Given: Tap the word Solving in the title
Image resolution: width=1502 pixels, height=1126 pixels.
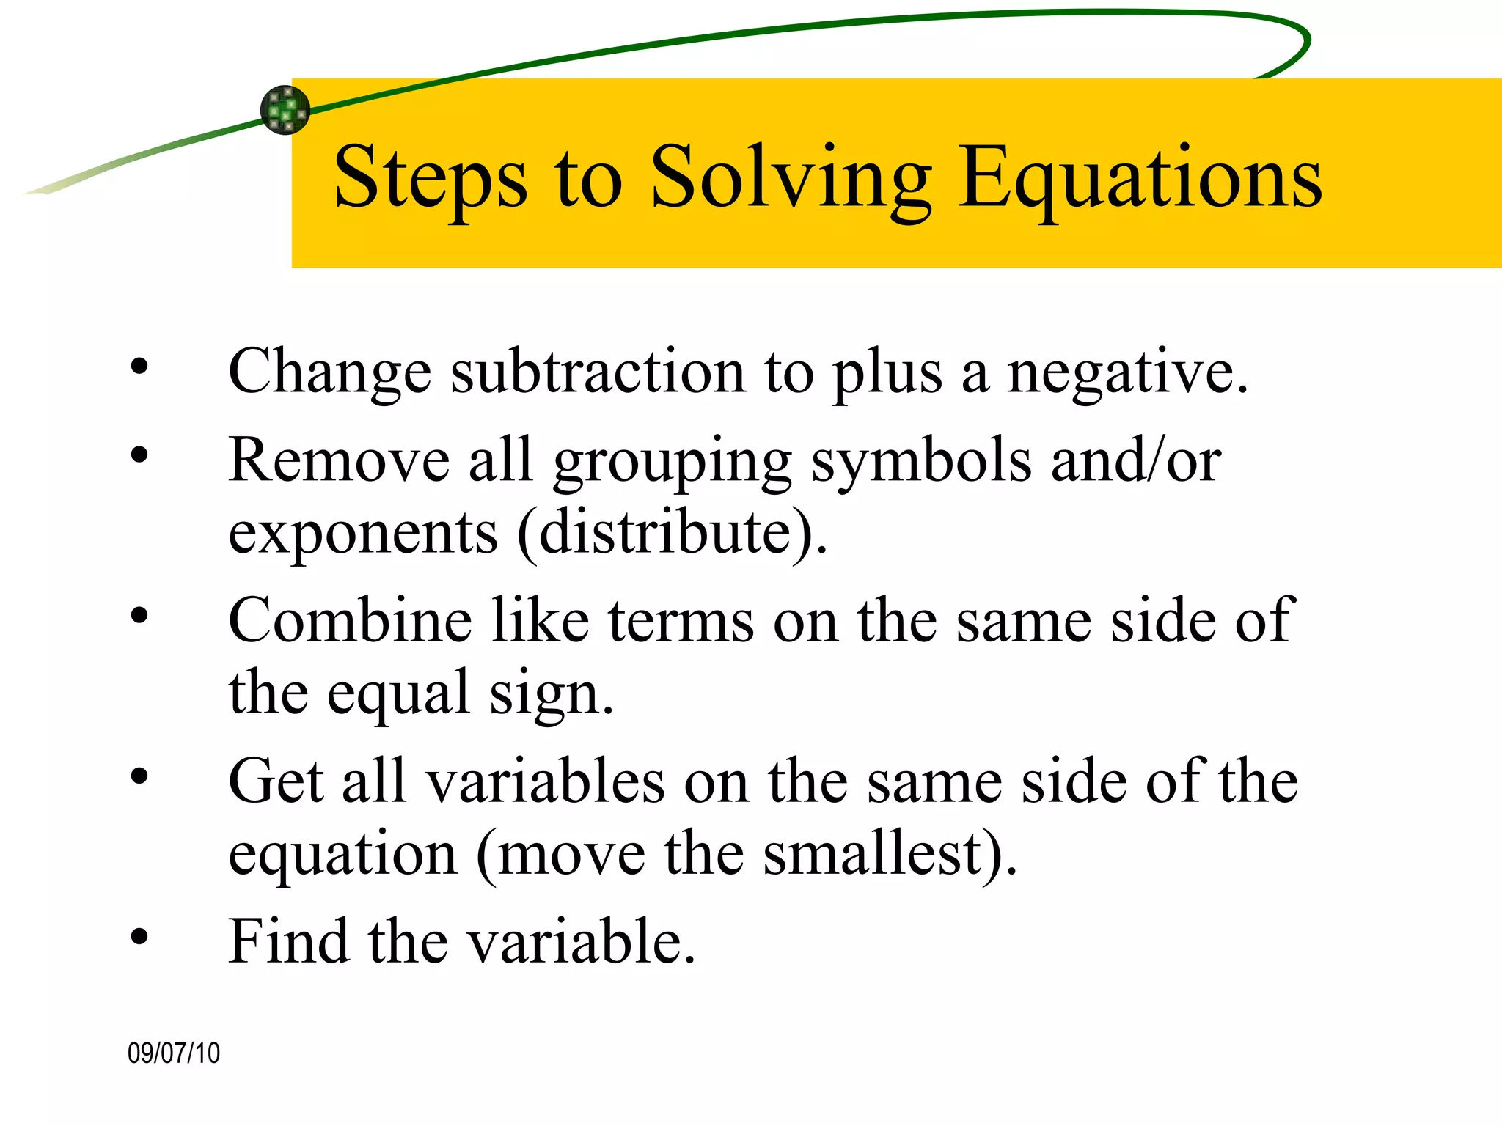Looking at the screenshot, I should click(791, 178).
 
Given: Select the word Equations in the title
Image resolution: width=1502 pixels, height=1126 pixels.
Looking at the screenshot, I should click(1140, 178).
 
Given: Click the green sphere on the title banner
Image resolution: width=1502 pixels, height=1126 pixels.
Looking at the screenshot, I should click(285, 110).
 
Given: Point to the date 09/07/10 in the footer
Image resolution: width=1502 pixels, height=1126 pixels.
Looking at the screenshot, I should click(174, 1053).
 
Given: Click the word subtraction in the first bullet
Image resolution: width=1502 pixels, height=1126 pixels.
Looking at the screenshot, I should click(598, 372).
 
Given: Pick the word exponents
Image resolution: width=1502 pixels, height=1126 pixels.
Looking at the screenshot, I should click(364, 534).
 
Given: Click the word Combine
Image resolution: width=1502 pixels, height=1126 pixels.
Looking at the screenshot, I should click(351, 620).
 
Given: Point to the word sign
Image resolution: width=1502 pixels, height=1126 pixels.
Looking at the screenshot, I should click(552, 693).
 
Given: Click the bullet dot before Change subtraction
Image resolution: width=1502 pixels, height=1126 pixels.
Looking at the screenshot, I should click(139, 367).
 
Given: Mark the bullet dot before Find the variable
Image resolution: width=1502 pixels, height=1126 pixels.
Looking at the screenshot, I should click(139, 936).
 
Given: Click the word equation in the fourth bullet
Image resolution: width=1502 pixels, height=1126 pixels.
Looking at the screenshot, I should click(343, 855).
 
